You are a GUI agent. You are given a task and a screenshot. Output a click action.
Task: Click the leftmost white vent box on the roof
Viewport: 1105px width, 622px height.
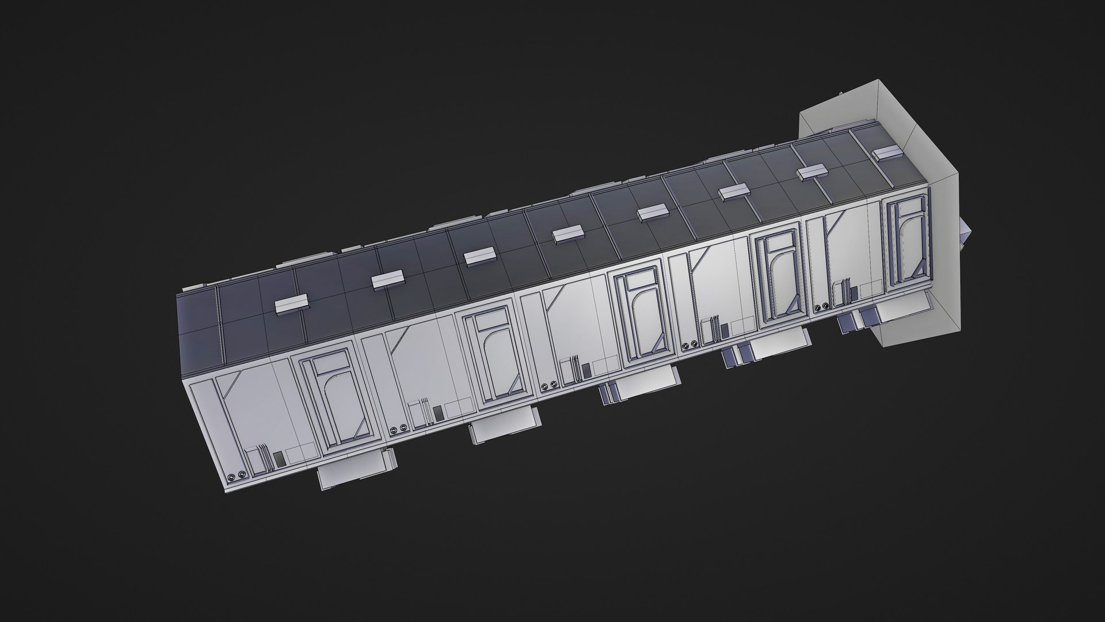291,305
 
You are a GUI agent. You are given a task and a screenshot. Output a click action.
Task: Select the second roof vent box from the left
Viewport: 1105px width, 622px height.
388,280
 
